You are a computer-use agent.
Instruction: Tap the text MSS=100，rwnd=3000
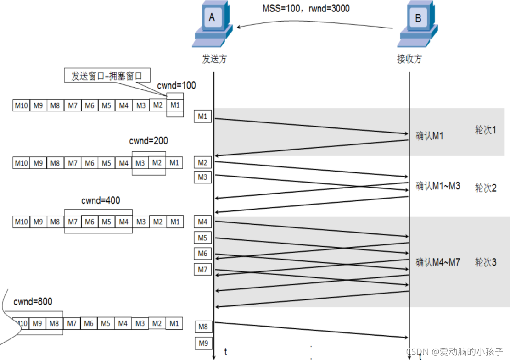click(306, 8)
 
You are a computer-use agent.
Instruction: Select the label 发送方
click(214, 59)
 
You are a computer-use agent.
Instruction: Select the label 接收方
click(409, 59)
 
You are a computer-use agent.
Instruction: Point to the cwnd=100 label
click(176, 85)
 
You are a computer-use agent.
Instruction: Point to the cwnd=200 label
click(148, 141)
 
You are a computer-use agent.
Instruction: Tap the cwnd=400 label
click(101, 200)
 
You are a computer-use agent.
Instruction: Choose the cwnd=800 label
click(33, 301)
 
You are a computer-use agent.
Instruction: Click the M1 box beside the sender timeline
click(202, 117)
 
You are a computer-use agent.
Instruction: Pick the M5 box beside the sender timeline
click(202, 238)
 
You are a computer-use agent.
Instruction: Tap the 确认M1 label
click(429, 136)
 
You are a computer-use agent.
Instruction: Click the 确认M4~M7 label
click(437, 263)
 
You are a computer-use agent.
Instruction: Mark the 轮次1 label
click(486, 130)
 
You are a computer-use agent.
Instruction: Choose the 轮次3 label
click(486, 263)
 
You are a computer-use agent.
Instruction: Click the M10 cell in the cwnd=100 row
click(21, 105)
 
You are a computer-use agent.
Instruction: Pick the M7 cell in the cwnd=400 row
click(73, 222)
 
